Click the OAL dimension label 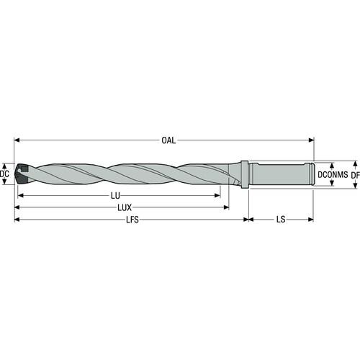click(168, 140)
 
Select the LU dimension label click(115, 196)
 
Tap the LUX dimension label click(125, 207)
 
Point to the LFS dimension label click(132, 220)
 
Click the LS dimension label click(281, 220)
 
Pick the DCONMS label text click(333, 174)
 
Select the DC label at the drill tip click(4, 174)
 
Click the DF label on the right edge click(356, 175)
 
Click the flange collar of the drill click(244, 174)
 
